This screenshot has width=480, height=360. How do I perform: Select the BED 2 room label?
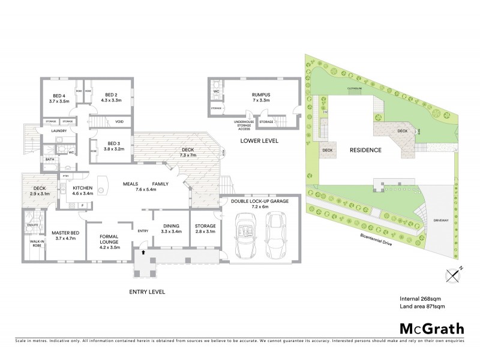tap(112, 98)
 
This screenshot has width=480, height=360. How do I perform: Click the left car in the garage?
tap(245, 235)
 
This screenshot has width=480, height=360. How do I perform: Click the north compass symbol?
tap(454, 274)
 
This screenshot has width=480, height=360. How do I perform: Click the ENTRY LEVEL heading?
tap(147, 292)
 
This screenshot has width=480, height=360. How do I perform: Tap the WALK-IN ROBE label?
tap(32, 243)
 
